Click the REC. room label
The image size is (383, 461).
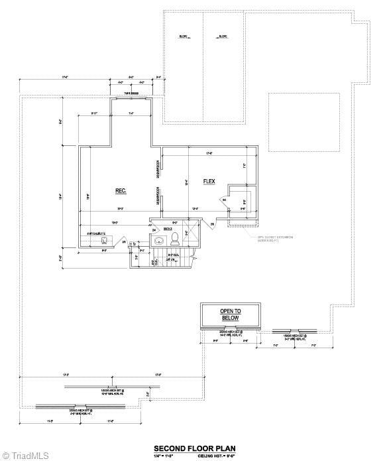[121, 190]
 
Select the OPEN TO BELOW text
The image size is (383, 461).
[230, 314]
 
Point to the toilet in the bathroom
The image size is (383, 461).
[176, 237]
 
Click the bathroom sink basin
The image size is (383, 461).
[160, 240]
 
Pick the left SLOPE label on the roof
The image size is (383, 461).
[183, 36]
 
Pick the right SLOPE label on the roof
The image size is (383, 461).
[223, 36]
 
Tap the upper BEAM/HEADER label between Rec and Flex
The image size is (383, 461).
[158, 169]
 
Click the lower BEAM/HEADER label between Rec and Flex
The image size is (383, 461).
[158, 197]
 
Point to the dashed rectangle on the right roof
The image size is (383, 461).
[303, 113]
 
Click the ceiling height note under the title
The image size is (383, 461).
[216, 456]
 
